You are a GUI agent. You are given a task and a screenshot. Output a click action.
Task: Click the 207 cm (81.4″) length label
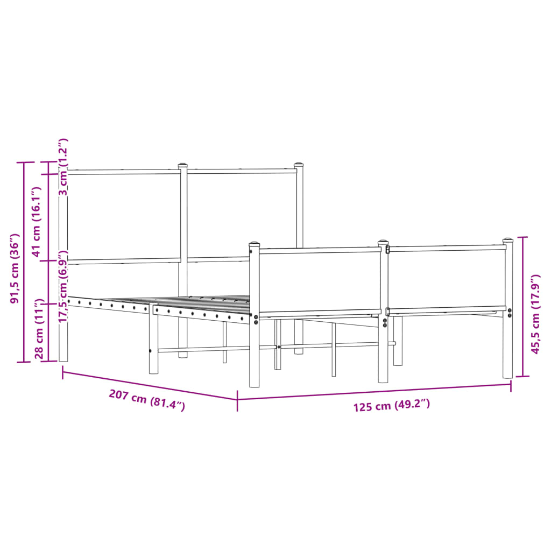pos(147,400)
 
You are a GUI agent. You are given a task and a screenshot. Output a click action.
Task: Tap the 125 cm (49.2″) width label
pos(392,406)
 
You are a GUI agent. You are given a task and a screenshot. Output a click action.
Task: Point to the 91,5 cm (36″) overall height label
pos(16,268)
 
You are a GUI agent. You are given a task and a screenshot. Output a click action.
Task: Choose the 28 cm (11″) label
pos(39,330)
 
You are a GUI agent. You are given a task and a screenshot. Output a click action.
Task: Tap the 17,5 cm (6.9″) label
pos(63,286)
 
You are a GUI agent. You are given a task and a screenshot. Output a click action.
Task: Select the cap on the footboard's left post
pos(255,245)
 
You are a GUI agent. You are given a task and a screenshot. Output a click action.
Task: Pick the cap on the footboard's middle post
pos(383,243)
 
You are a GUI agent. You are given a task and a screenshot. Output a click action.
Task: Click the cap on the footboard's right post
pos(508,241)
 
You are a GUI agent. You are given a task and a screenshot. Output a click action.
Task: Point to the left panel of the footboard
pos(320,281)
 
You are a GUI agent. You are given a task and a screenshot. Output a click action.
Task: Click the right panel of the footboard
pos(447,278)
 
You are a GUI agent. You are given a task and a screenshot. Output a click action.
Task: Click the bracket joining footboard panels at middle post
pos(387,312)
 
